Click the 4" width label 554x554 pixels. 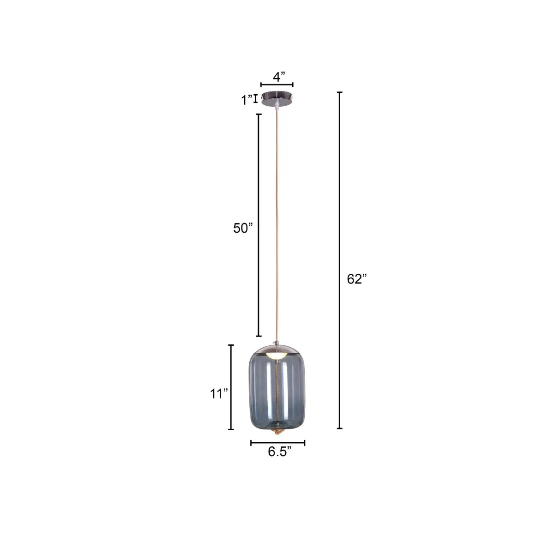(x=278, y=76)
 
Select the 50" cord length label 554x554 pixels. (x=243, y=228)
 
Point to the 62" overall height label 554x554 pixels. (x=356, y=279)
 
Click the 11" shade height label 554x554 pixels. (x=219, y=394)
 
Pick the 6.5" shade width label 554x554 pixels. (x=279, y=452)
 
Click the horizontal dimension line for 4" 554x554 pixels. (x=277, y=85)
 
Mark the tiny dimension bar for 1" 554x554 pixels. (x=255, y=99)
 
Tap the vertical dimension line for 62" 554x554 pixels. (x=340, y=260)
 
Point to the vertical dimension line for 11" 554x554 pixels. (x=231, y=387)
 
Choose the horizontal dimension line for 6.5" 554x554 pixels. (x=277, y=443)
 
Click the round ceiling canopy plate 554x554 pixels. (x=277, y=99)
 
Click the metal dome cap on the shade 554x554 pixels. (x=277, y=348)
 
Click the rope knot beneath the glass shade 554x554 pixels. (x=277, y=431)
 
